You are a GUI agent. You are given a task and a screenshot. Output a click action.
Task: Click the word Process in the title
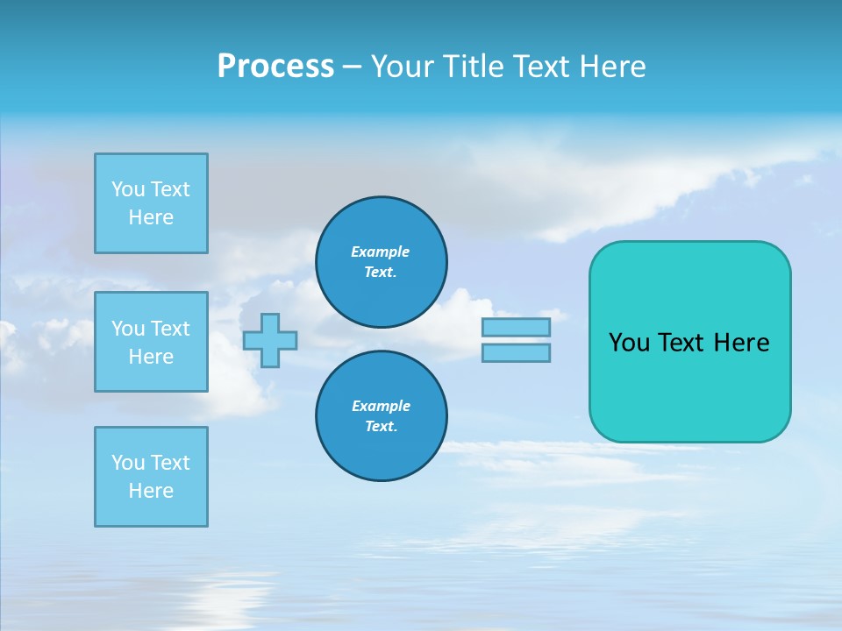point(275,67)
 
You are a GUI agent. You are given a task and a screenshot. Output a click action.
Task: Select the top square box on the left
point(151,203)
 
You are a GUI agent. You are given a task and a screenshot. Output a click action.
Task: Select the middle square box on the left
point(151,342)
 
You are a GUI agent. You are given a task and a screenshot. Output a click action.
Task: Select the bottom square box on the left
point(151,477)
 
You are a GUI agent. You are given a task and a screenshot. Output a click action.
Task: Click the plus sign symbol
point(270,340)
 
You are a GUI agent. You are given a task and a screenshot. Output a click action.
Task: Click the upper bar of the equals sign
point(516,327)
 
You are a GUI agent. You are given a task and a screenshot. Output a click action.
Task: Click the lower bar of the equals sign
point(516,352)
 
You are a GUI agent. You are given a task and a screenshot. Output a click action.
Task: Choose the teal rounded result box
point(689,386)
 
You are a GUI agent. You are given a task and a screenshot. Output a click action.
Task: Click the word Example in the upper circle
point(380,252)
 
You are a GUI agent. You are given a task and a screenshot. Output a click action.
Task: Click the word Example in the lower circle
point(381,406)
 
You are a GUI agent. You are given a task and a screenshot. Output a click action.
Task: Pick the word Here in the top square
point(151,217)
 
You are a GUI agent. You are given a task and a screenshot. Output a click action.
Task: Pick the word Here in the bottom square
point(151,491)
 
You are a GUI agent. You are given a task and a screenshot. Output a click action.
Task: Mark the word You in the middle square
point(128,329)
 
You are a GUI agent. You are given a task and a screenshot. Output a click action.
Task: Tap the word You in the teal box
point(628,343)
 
